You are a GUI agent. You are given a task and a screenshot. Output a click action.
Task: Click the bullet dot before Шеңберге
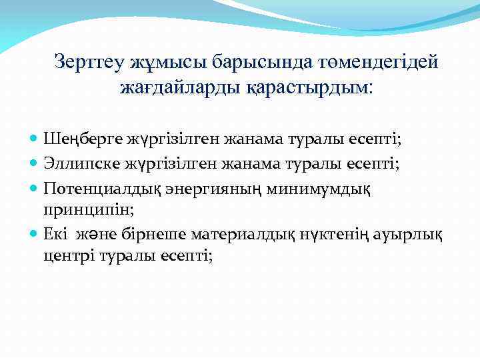pyautogui.click(x=35, y=140)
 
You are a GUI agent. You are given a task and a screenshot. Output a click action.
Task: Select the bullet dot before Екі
pyautogui.click(x=35, y=235)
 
